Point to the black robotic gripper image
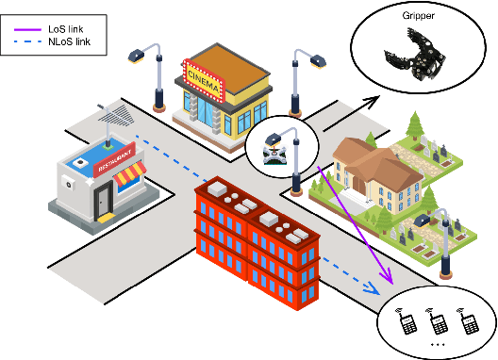pyautogui.click(x=415, y=57)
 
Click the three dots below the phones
pyautogui.click(x=437, y=347)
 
